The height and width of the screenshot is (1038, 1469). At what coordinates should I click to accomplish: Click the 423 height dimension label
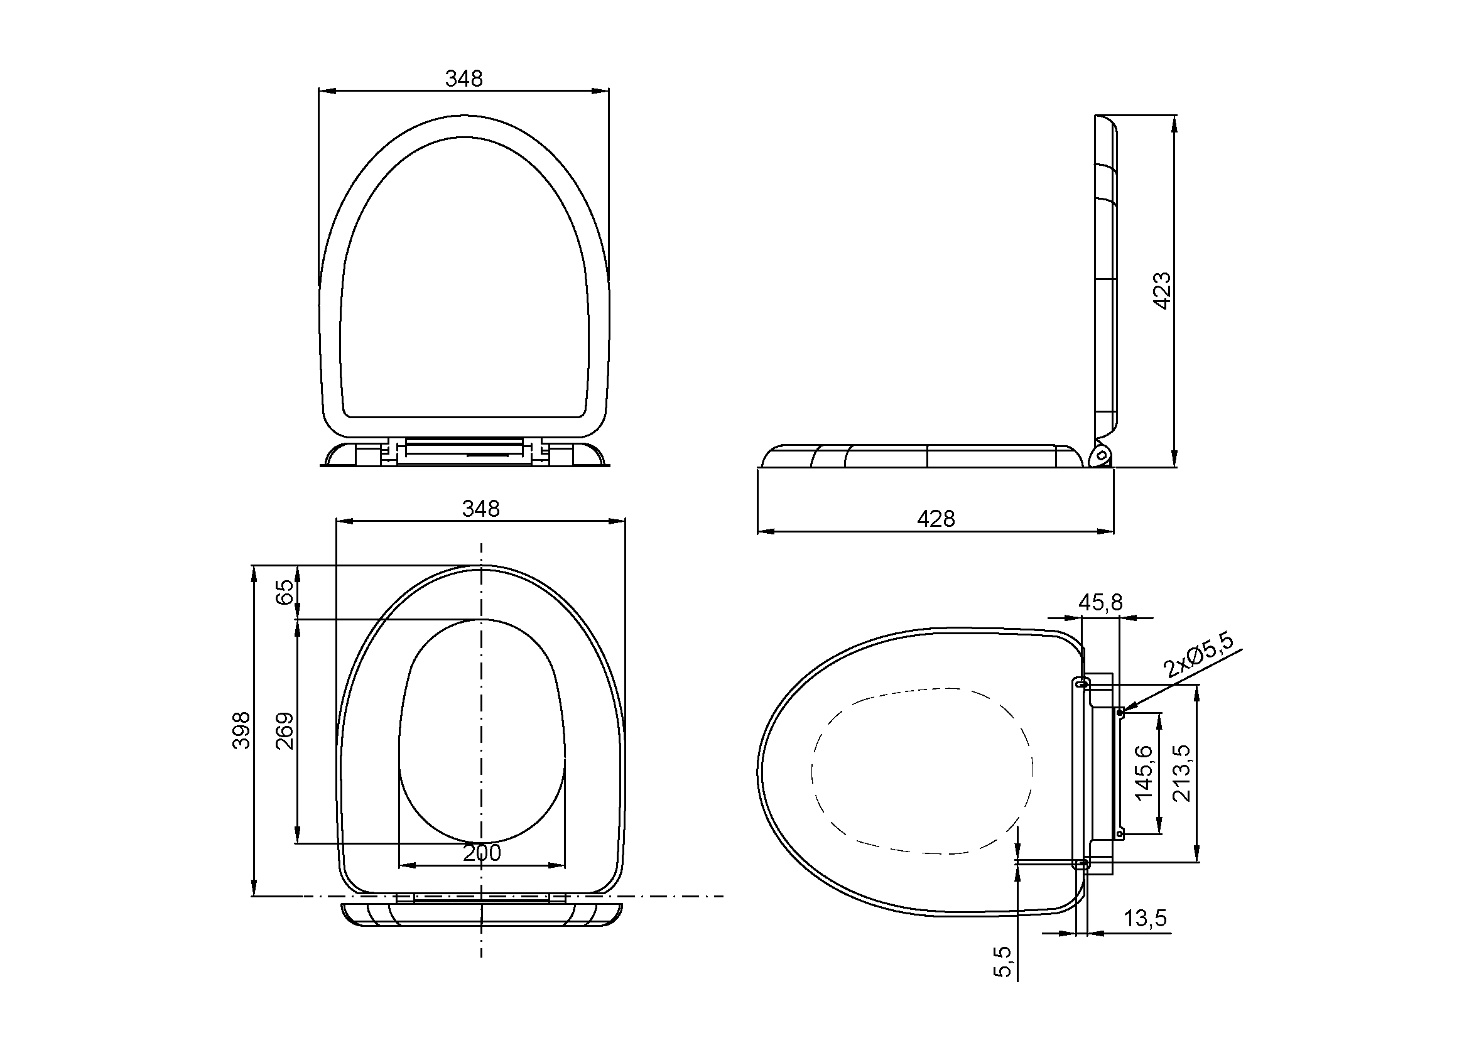(x=1162, y=291)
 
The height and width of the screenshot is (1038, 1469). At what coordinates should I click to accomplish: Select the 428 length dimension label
(x=936, y=519)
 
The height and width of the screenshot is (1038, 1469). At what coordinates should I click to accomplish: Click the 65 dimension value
(x=286, y=592)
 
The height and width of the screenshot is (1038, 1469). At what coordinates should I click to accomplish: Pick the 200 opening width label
(x=482, y=853)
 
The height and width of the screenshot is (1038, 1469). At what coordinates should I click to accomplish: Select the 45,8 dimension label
(x=1100, y=602)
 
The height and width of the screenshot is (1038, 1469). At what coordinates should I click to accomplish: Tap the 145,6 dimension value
(x=1143, y=772)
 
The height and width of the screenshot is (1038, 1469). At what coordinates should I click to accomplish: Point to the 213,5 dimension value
(x=1181, y=773)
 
